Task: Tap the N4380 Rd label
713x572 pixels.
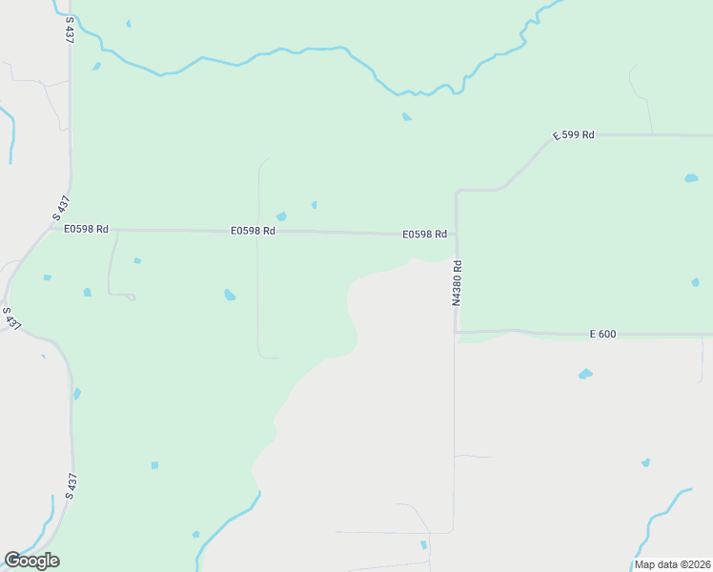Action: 457,283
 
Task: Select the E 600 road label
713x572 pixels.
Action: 603,334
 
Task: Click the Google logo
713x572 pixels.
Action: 31,560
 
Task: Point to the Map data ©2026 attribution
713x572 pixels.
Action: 673,564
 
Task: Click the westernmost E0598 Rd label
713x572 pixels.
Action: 86,229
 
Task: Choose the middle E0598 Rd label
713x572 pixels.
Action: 253,231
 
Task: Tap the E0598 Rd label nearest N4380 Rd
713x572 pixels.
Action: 424,234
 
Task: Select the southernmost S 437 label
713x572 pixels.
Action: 70,486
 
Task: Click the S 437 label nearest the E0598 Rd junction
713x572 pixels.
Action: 62,208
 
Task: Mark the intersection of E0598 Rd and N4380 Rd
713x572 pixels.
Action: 456,234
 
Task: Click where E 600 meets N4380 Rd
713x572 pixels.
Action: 456,332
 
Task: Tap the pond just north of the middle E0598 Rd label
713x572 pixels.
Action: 280,216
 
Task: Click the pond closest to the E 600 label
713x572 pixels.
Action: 585,374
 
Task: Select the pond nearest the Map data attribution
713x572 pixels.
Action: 645,462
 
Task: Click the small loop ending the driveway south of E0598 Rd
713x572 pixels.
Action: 131,296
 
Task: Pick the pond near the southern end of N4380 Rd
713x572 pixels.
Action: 423,544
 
